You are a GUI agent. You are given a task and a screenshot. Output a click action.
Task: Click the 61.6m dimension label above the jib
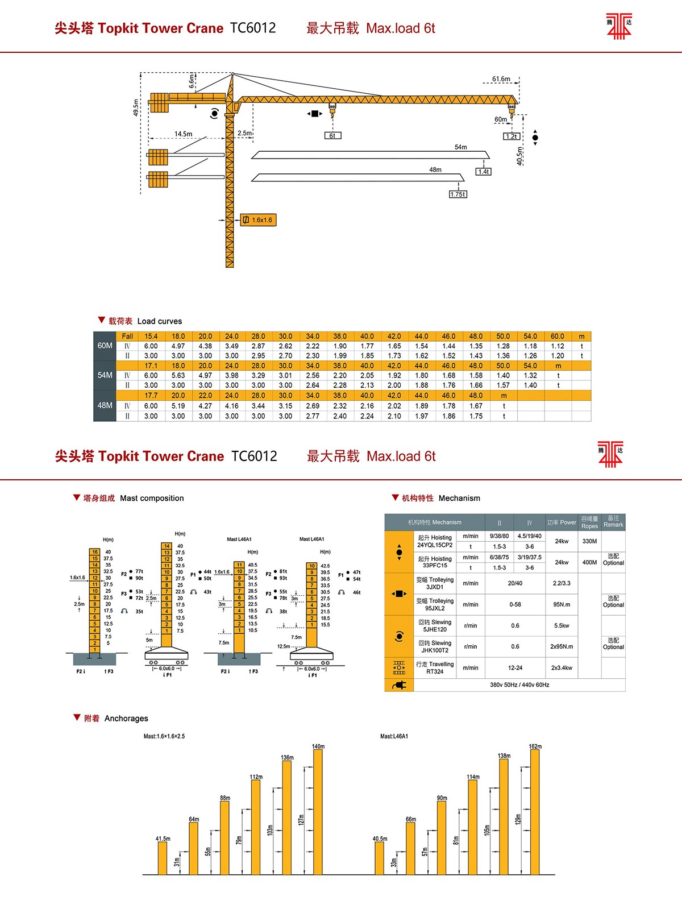[x=501, y=79]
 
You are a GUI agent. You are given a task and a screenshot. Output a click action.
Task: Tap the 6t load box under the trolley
[x=332, y=136]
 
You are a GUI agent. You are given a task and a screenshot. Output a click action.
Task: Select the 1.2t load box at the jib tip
[x=511, y=136]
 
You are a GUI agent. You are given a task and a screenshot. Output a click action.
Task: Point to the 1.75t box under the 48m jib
[x=458, y=194]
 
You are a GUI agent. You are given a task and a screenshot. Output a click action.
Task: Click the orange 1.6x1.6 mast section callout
[x=259, y=220]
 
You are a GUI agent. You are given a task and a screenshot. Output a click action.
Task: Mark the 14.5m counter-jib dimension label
[x=183, y=134]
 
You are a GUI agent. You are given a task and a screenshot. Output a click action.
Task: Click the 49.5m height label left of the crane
[x=136, y=108]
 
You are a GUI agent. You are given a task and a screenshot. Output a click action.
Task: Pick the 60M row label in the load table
[x=105, y=346]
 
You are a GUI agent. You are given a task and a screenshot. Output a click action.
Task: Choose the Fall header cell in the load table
[x=127, y=336]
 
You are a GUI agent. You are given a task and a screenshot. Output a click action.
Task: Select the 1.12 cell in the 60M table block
[x=557, y=346]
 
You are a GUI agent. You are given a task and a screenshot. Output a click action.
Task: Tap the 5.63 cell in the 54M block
[x=178, y=375]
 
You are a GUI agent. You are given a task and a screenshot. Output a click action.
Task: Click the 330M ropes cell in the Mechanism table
[x=589, y=541]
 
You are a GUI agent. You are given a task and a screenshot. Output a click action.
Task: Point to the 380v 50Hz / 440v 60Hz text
[x=519, y=685]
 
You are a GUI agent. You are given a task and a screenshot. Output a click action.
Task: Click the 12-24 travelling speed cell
[x=515, y=668]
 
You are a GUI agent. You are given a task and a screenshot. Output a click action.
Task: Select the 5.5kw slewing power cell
[x=562, y=626]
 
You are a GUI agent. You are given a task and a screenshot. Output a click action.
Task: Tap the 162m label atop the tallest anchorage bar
[x=535, y=746]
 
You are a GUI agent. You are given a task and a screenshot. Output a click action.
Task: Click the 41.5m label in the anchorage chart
[x=163, y=839]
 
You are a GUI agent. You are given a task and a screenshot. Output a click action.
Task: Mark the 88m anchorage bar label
[x=225, y=798]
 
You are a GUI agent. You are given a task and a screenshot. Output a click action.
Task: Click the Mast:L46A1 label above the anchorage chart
[x=394, y=736]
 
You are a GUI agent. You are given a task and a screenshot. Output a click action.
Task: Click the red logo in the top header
[x=619, y=26]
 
